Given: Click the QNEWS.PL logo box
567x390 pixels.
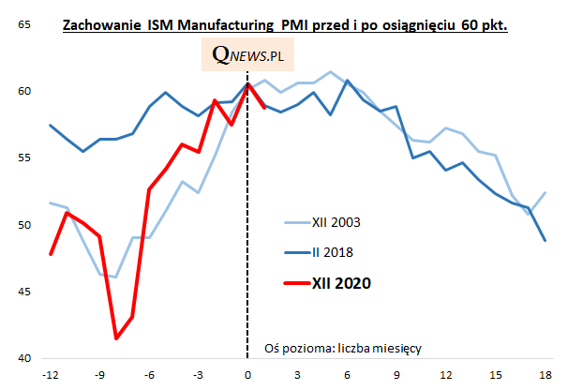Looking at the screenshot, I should tap(248, 56).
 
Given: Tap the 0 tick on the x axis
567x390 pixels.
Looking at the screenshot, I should tap(247, 375).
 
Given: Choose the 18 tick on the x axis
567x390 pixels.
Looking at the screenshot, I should tap(545, 375).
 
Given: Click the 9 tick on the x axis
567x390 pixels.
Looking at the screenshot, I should tap(396, 375).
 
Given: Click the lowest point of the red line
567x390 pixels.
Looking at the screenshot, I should tap(116, 338).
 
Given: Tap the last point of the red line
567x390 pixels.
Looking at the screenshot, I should tap(264, 107).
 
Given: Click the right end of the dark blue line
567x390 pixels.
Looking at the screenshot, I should tap(545, 240).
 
